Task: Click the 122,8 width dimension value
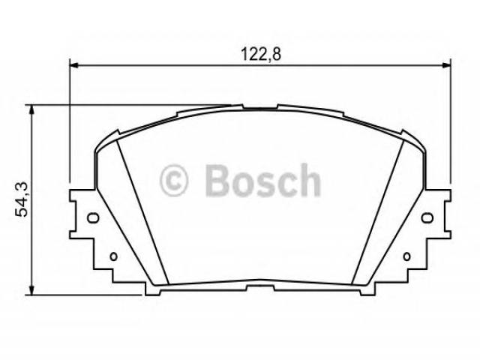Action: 260,55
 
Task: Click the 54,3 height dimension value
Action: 22,199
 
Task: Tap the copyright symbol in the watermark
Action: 173,180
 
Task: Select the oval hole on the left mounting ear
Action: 93,217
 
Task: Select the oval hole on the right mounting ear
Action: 427,217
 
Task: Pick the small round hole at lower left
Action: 113,256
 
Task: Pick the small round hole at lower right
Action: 406,256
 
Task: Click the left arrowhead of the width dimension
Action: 74,65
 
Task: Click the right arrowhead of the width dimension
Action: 446,65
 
